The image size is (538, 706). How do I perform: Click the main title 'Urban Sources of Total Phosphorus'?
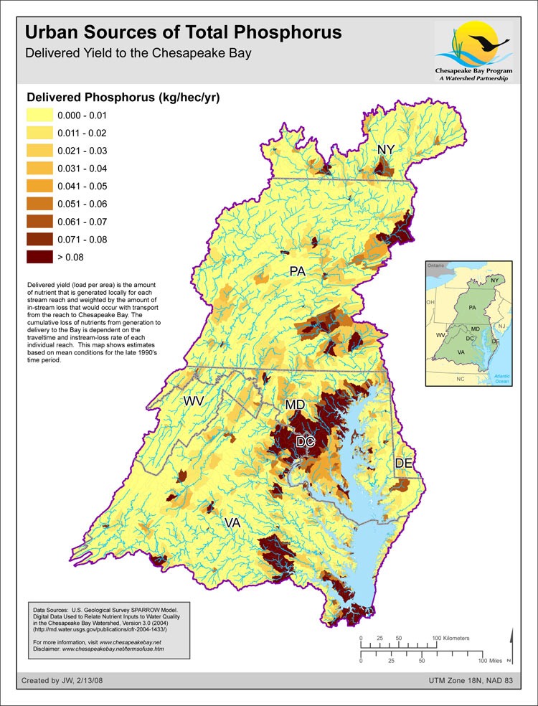pos(183,33)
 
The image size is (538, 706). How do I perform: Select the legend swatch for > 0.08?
pos(39,255)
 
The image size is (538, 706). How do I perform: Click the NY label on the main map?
pos(387,149)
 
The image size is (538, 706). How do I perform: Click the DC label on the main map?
pos(306,442)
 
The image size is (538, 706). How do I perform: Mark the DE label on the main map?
pos(404,463)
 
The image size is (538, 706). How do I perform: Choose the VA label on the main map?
pos(232,523)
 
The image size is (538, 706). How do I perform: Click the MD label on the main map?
pos(296,405)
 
